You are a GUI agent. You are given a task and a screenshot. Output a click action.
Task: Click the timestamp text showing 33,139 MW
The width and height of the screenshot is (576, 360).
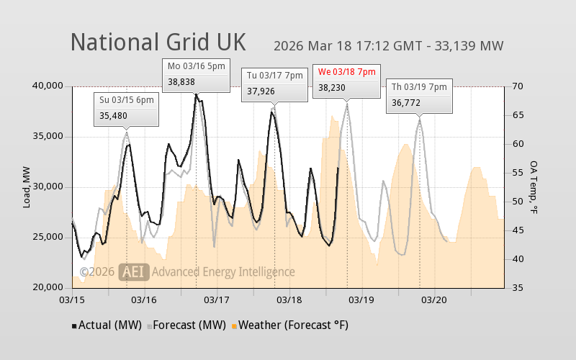(x=388, y=46)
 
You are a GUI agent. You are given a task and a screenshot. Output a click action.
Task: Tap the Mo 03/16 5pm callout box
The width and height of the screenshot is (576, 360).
(x=197, y=74)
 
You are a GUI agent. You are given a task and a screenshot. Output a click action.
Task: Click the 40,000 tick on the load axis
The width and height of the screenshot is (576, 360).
(x=48, y=86)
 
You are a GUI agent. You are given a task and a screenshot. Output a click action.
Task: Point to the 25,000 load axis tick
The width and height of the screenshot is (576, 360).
(x=48, y=238)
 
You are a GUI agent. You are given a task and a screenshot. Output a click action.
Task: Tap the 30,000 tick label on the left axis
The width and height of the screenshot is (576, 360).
(x=48, y=187)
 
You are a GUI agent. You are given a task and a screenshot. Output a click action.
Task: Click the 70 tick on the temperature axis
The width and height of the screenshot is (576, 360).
(x=518, y=86)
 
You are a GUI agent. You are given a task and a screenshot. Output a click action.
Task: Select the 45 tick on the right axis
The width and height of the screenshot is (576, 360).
(x=518, y=230)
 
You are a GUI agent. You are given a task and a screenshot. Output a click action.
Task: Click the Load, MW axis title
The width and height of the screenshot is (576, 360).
(x=27, y=187)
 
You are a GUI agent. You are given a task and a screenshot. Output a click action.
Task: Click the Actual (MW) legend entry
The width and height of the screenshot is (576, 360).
(x=107, y=325)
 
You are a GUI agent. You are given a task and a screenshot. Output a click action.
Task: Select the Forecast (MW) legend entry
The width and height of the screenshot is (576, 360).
(x=186, y=325)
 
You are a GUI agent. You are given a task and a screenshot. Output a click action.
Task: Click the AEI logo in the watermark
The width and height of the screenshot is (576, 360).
(x=134, y=271)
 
